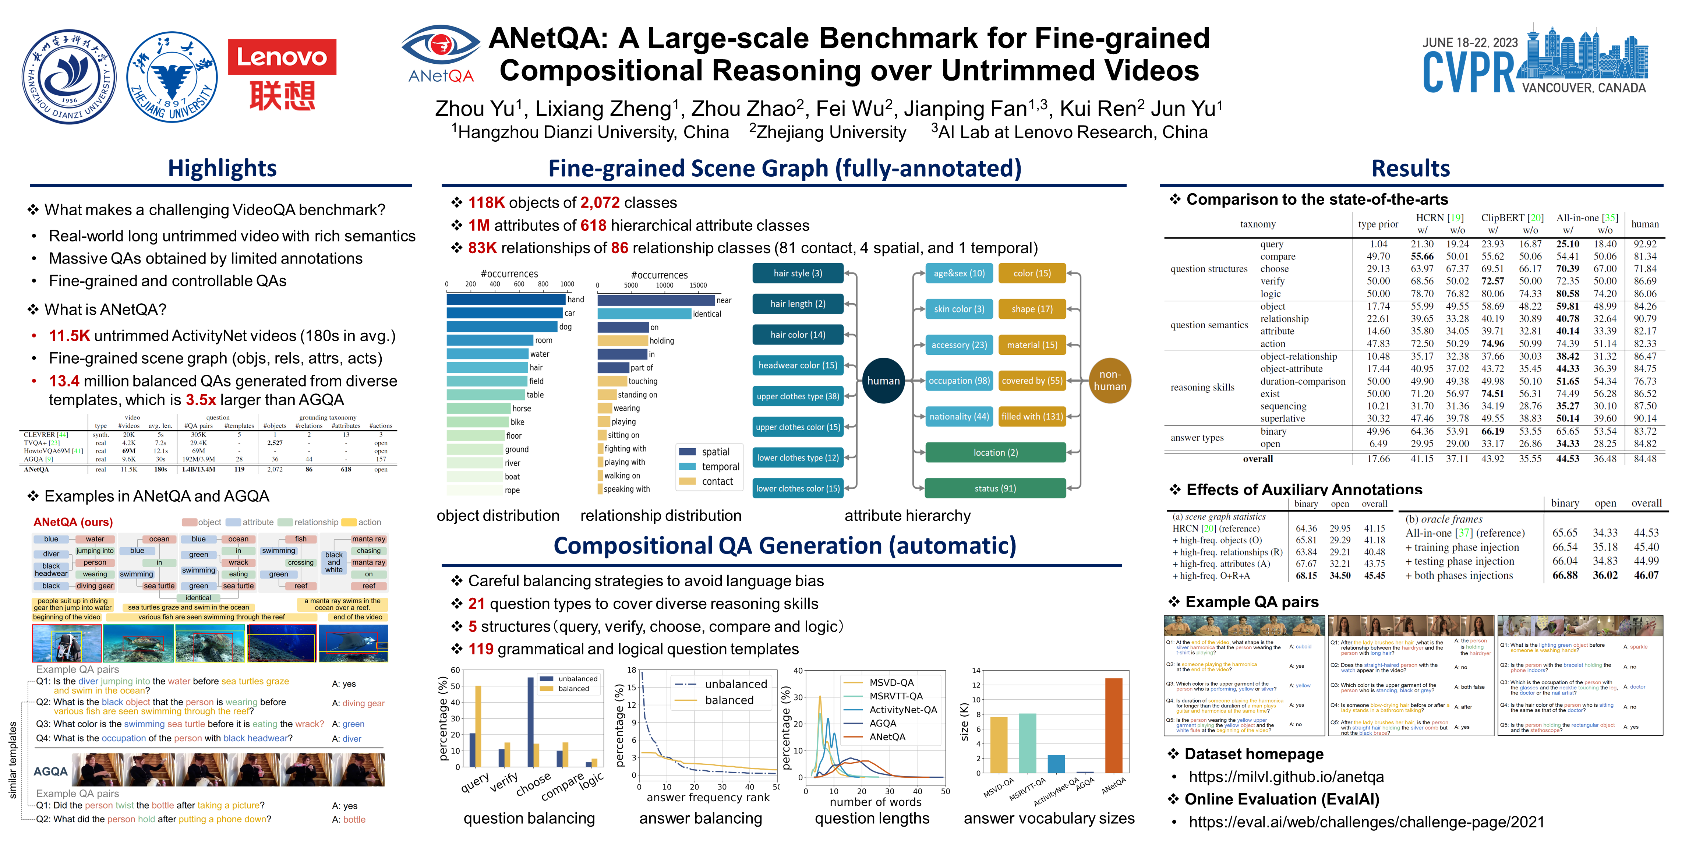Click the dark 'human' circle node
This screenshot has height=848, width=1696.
coord(883,381)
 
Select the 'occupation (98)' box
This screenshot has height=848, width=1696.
coord(959,381)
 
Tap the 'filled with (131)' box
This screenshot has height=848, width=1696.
coord(1032,416)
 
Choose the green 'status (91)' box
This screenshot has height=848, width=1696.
coord(995,488)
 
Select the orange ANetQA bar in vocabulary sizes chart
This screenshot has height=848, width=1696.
coord(1114,725)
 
